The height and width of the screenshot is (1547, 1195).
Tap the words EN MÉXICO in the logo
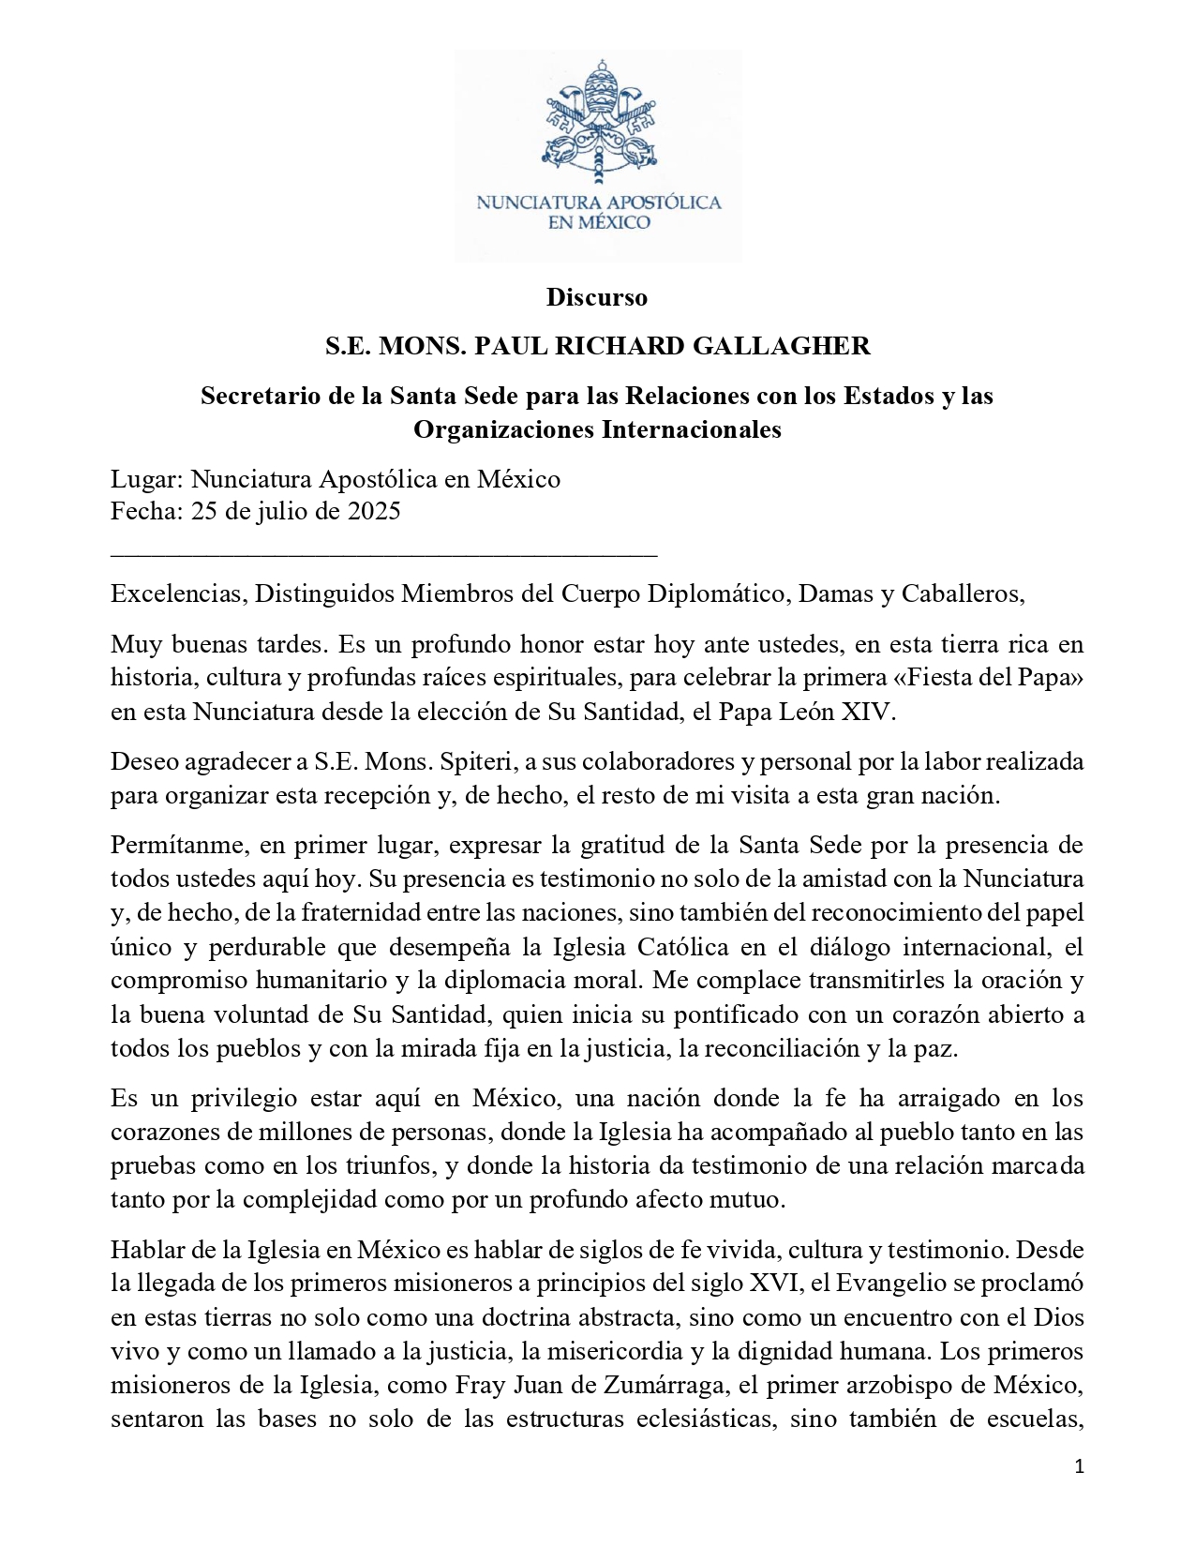tap(598, 223)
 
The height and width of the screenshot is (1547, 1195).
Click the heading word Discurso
tap(597, 297)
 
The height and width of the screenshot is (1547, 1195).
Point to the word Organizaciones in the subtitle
tap(504, 429)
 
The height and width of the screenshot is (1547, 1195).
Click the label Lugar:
tap(147, 479)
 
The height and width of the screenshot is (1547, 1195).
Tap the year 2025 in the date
tap(374, 511)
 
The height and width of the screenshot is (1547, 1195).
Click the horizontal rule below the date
tap(383, 556)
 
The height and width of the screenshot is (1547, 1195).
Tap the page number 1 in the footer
tap(1080, 1467)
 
